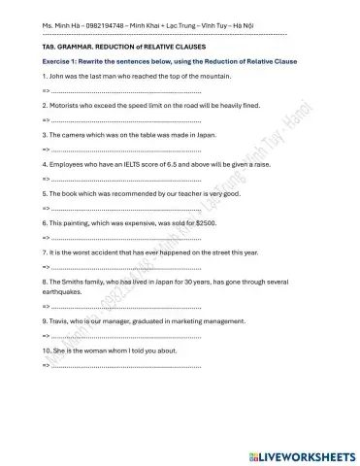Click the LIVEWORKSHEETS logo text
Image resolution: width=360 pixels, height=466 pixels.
coord(302,453)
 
